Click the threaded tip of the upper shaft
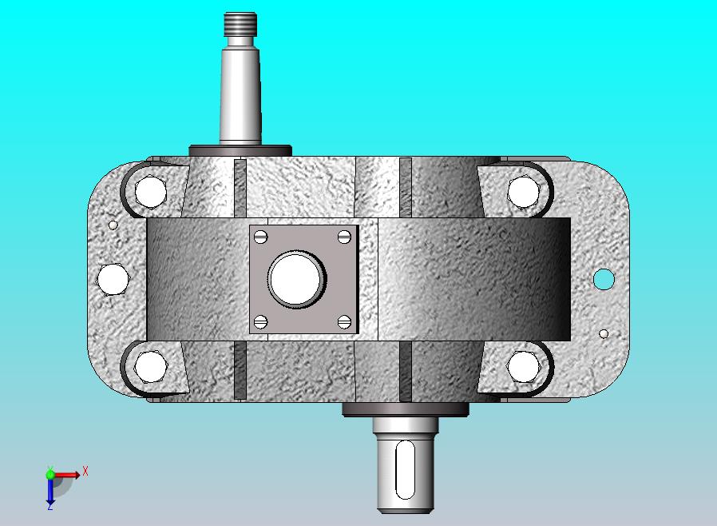click(240, 25)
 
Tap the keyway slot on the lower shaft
click(405, 470)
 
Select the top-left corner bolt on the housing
click(150, 191)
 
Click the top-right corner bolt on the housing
click(524, 191)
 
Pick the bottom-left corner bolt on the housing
click(152, 367)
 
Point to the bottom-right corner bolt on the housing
click(524, 366)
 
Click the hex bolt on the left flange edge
click(113, 279)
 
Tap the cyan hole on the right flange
click(604, 279)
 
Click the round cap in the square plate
click(297, 279)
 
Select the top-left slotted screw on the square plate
click(260, 237)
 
